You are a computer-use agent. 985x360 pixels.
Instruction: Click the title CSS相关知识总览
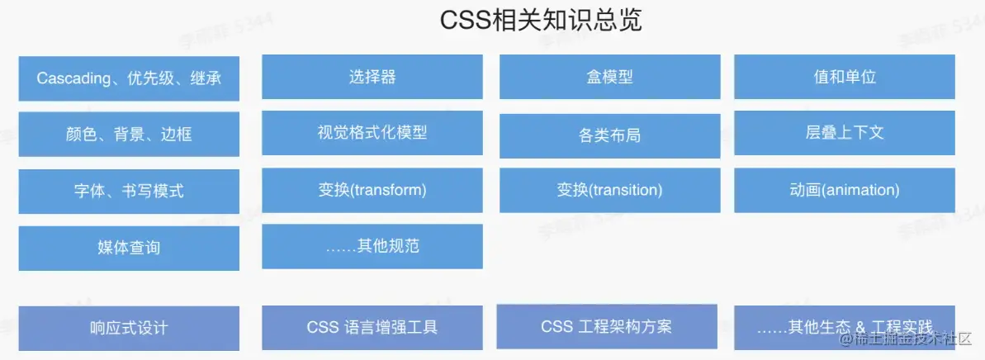point(541,21)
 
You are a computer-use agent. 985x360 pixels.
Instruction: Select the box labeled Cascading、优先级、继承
point(129,78)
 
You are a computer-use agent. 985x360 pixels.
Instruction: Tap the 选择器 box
point(372,77)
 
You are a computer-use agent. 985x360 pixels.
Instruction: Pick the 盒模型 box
point(609,77)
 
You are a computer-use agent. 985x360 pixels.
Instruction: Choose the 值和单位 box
point(845,77)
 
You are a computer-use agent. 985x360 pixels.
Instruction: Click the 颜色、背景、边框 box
point(129,135)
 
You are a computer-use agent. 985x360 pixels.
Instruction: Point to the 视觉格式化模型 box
point(372,132)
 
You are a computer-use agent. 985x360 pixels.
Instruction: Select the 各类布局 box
point(609,135)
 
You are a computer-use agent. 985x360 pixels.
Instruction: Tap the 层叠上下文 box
point(845,132)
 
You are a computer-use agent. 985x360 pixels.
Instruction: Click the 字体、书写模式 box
point(129,192)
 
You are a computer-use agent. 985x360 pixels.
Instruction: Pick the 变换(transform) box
point(372,190)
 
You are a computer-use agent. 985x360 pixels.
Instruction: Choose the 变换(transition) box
point(609,190)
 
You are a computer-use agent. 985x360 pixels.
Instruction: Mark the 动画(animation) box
point(845,190)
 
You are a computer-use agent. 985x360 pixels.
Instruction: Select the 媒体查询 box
point(129,248)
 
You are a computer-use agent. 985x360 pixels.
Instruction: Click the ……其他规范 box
point(372,246)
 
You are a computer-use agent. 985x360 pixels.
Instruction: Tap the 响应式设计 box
point(129,328)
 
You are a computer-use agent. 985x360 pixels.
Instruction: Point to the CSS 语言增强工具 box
point(372,327)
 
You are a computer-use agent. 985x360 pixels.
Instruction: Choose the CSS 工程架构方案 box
point(607,326)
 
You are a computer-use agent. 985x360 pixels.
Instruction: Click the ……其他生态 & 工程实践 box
point(845,327)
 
